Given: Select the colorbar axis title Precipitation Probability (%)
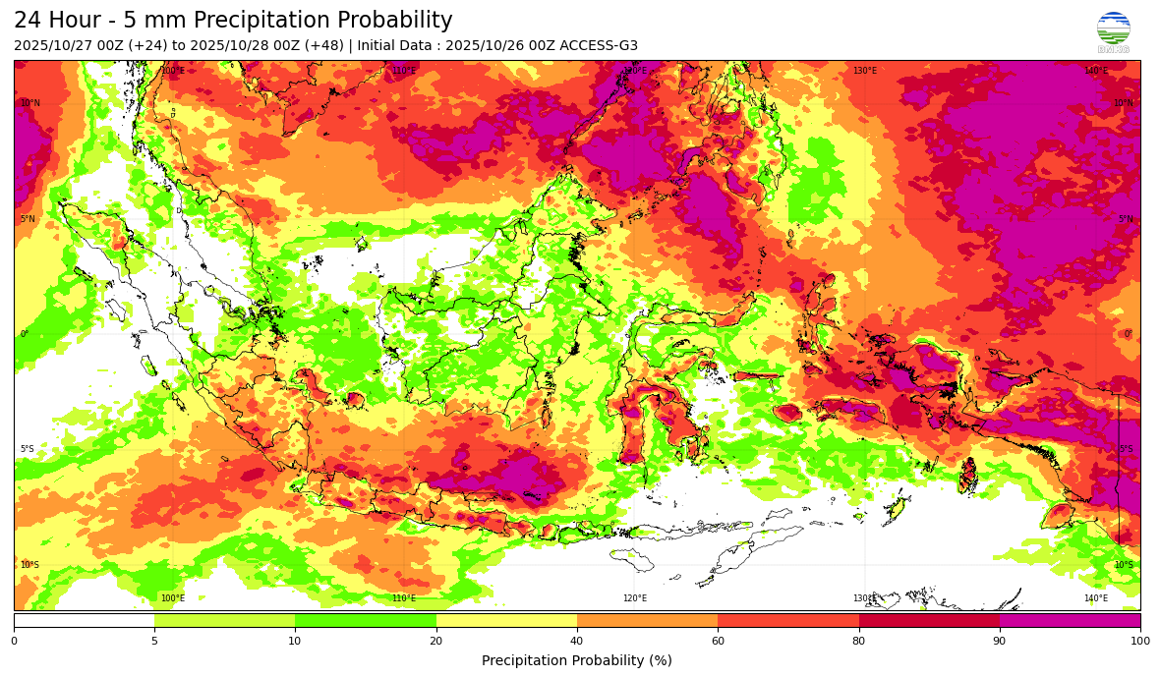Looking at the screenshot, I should pyautogui.click(x=576, y=660).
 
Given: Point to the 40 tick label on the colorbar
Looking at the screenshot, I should pyautogui.click(x=577, y=642).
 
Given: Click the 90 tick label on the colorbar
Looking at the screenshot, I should pyautogui.click(x=1000, y=642).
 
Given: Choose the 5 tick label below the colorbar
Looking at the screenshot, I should pyautogui.click(x=154, y=642).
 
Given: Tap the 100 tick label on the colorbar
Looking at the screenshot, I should pyautogui.click(x=1140, y=642).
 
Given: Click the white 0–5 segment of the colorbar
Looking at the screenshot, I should pyautogui.click(x=84, y=620).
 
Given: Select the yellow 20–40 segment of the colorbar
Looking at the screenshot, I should pyautogui.click(x=506, y=620).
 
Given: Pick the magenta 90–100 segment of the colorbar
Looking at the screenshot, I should pyautogui.click(x=1070, y=620).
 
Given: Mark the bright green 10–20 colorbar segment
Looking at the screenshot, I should pyautogui.click(x=366, y=620).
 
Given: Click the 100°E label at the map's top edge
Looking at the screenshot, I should pyautogui.click(x=172, y=71).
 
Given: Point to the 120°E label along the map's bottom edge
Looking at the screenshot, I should pyautogui.click(x=634, y=598).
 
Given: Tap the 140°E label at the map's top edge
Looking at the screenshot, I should pyautogui.click(x=1096, y=71).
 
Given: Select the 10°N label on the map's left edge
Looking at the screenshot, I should pyautogui.click(x=30, y=103).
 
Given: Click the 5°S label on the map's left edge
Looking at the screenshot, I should pyautogui.click(x=28, y=449).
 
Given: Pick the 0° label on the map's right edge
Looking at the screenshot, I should pyautogui.click(x=1129, y=334).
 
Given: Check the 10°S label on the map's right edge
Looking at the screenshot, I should pyautogui.click(x=1124, y=565).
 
